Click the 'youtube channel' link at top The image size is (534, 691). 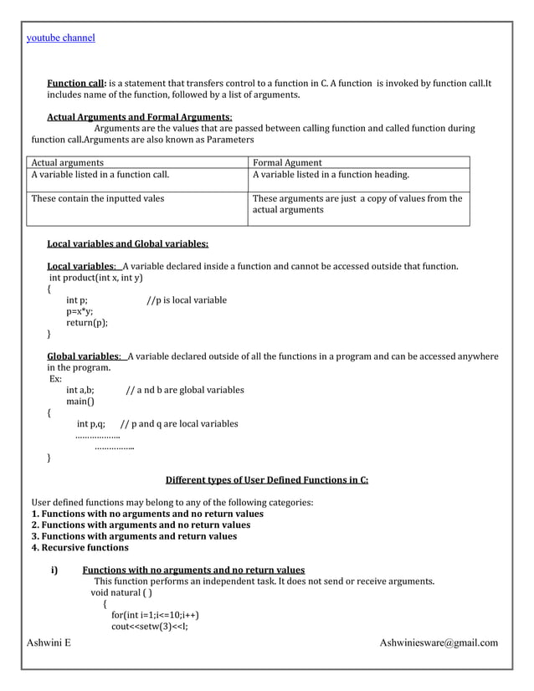[x=61, y=38]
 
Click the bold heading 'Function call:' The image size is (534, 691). [x=77, y=84]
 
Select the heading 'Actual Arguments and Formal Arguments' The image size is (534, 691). [x=139, y=116]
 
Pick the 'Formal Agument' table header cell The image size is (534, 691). [x=287, y=162]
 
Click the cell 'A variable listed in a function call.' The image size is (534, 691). [x=100, y=175]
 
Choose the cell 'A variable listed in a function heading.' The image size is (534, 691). [x=331, y=175]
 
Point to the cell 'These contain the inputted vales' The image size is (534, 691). [x=98, y=198]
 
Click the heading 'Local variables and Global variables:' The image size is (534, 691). [x=127, y=244]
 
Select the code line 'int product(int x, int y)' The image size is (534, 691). [x=96, y=278]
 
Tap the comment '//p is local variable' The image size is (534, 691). [x=187, y=300]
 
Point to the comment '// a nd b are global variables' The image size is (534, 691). [x=185, y=390]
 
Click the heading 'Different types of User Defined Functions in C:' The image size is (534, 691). [x=267, y=480]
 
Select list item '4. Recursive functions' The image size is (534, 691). [x=80, y=548]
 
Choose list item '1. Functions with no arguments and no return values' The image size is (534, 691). [x=147, y=514]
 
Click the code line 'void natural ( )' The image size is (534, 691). [x=121, y=592]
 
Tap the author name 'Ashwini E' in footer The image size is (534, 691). [x=49, y=642]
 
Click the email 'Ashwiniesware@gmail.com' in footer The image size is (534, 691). [x=439, y=642]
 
